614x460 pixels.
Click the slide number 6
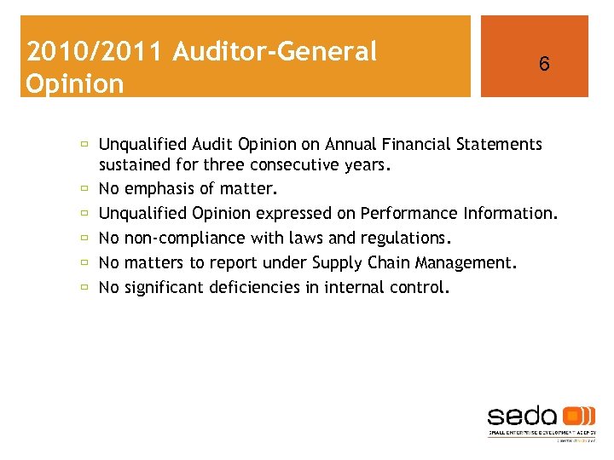[543, 64]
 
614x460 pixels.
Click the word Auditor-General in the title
[275, 52]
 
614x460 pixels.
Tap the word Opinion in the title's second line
[75, 83]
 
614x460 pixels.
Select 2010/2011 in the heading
[95, 52]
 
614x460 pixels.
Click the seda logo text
[522, 417]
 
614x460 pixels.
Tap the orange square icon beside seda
[580, 417]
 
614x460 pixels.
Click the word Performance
[410, 213]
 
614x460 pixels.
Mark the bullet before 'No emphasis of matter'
[85, 189]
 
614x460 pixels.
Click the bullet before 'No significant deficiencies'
[85, 287]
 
